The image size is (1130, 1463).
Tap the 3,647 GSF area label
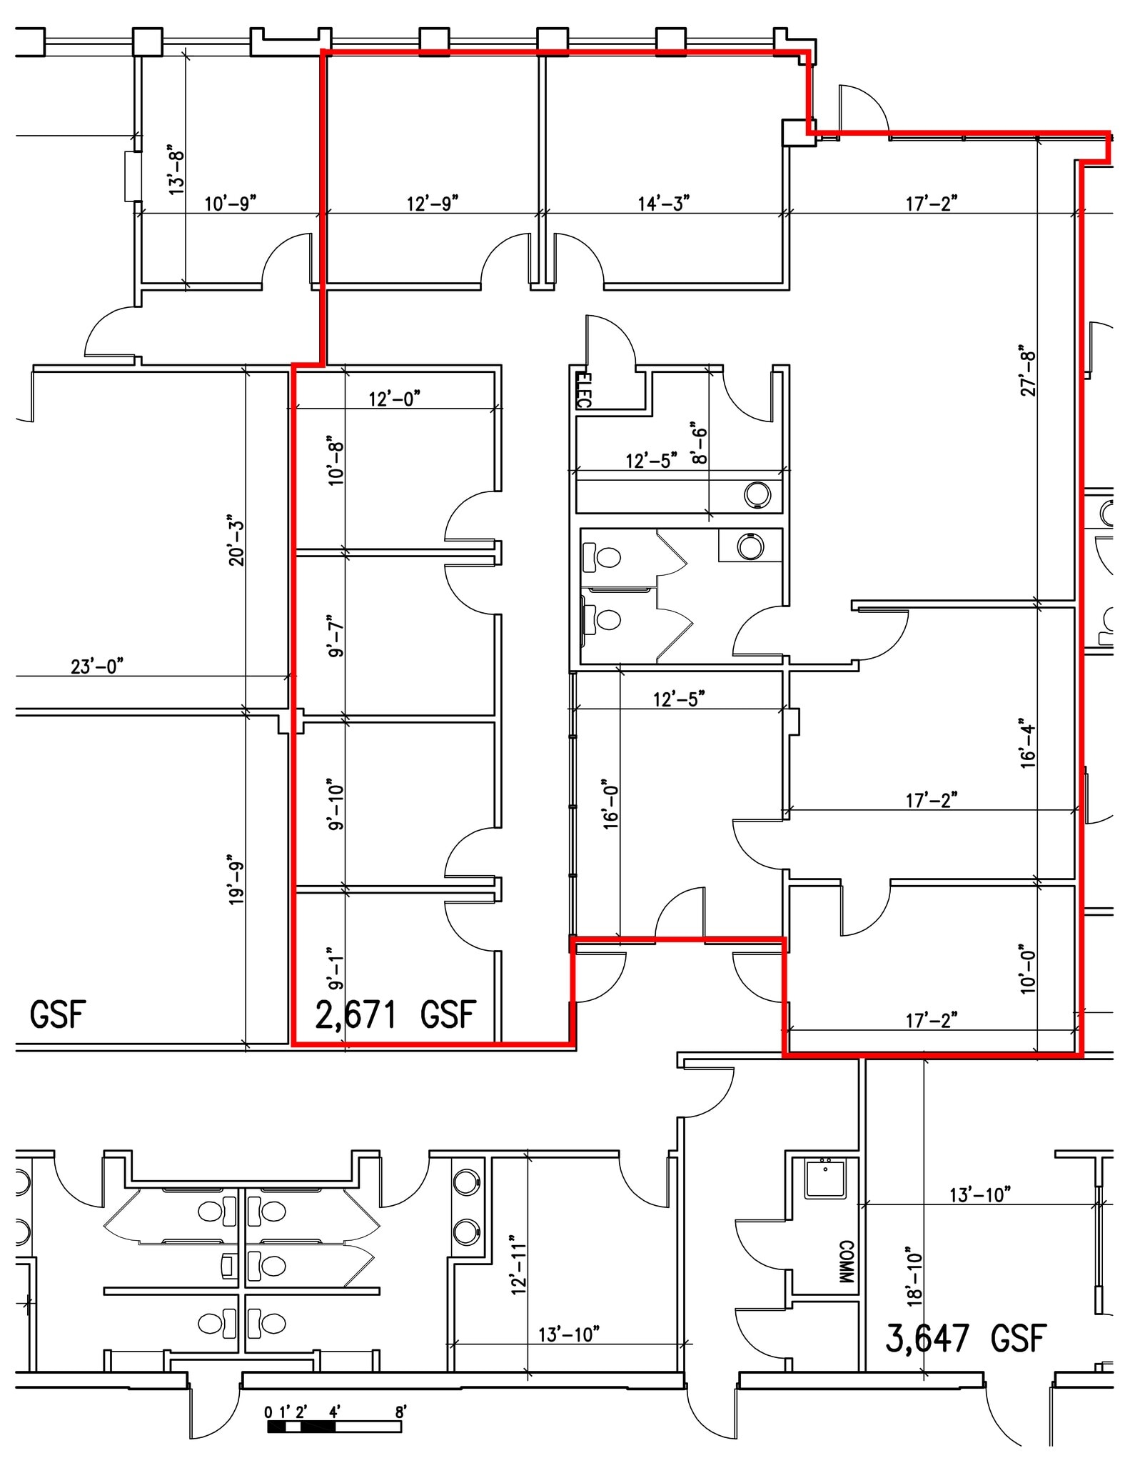pos(966,1337)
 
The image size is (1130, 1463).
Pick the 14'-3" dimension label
pos(664,204)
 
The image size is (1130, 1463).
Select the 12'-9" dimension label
pos(432,204)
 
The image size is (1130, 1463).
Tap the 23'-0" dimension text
pos(97,666)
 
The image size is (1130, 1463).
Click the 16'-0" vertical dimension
pos(610,804)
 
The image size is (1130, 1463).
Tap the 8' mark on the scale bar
pos(400,1412)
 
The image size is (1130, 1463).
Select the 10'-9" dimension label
pos(230,204)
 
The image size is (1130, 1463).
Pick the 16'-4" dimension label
pos(1028,743)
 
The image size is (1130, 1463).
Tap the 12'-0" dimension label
pos(394,398)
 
